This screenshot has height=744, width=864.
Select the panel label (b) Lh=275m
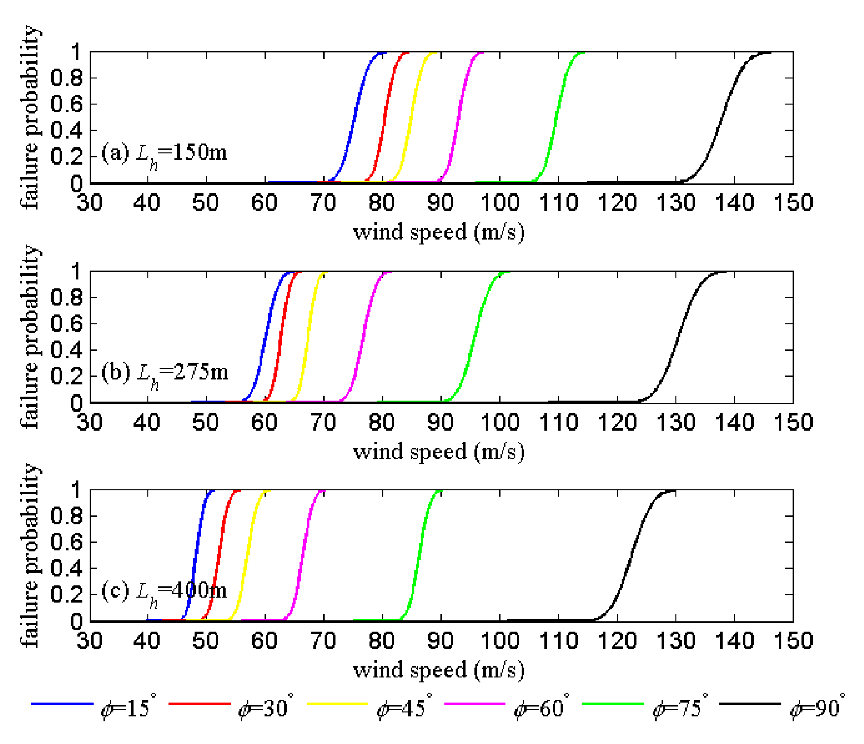(164, 372)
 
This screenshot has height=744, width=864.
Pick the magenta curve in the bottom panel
(302, 556)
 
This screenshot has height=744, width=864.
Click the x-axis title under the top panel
(439, 232)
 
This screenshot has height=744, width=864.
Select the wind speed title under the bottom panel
(439, 670)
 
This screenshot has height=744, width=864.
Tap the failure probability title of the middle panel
(30, 337)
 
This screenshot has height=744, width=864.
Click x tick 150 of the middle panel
(793, 422)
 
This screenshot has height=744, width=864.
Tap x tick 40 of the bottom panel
(147, 641)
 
